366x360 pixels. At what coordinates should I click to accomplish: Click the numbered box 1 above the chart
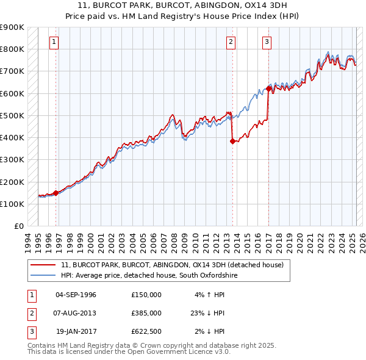tap(54, 42)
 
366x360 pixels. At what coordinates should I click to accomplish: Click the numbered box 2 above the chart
tap(231, 42)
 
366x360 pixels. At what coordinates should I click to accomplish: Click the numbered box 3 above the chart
tap(267, 42)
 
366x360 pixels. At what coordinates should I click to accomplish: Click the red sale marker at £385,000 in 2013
tap(232, 141)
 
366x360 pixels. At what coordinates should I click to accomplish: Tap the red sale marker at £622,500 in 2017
tap(268, 88)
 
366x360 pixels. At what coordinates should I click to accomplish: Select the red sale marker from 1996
tap(56, 193)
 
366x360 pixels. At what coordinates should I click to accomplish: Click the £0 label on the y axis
tap(18, 226)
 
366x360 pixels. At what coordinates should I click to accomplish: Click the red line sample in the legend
tap(43, 265)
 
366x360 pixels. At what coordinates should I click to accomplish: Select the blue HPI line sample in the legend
tap(43, 276)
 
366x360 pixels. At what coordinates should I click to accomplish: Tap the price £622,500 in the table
tap(146, 331)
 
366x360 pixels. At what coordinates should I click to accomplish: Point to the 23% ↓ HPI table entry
tap(207, 313)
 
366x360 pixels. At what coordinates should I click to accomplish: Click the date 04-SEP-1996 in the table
tap(77, 295)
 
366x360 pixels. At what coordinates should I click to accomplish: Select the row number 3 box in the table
tap(30, 331)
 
